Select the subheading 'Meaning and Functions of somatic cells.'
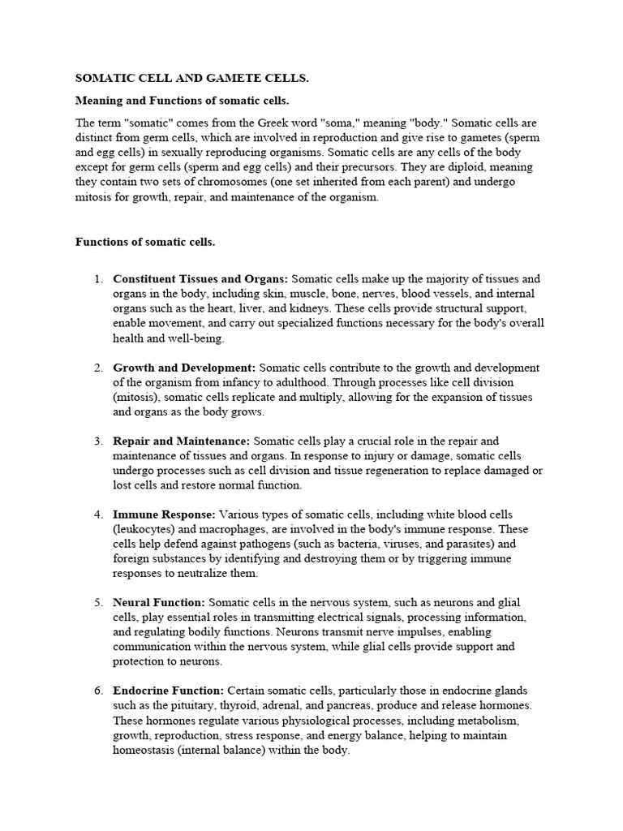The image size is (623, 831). pyautogui.click(x=182, y=101)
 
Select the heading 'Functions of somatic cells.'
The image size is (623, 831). pyautogui.click(x=145, y=241)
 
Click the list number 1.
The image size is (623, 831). pyautogui.click(x=97, y=279)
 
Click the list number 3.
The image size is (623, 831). pyautogui.click(x=97, y=441)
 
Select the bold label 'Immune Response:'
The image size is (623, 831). pyautogui.click(x=164, y=515)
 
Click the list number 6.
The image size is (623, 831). pyautogui.click(x=97, y=691)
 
